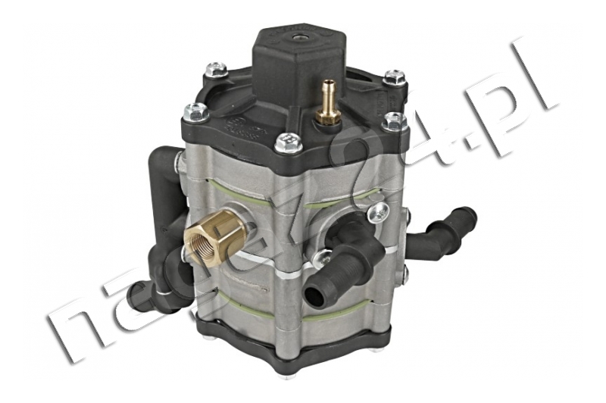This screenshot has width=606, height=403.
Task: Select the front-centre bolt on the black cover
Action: tap(287, 142)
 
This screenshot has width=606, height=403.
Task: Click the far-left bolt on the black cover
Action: tap(194, 112)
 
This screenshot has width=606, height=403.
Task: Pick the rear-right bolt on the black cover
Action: tap(393, 77)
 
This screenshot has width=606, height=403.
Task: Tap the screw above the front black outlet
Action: tap(376, 214)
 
